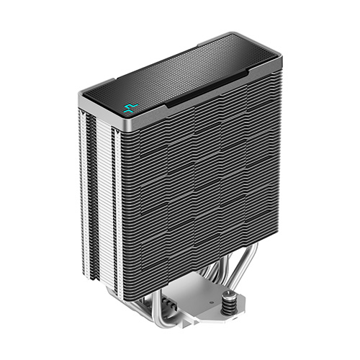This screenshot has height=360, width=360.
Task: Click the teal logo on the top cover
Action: (x=130, y=109)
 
